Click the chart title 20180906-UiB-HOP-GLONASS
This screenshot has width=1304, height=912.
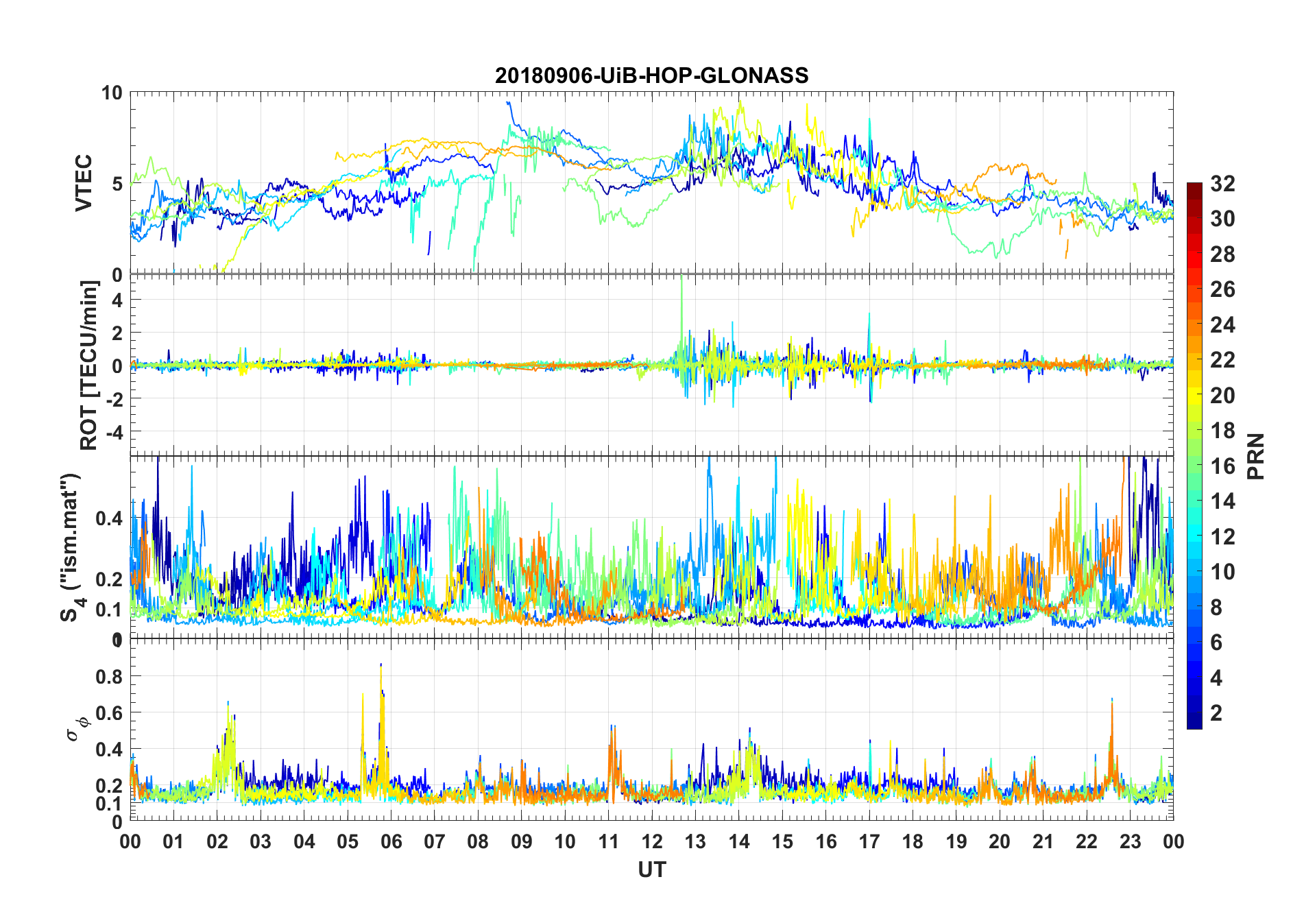(651, 75)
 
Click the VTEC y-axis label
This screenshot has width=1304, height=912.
(84, 183)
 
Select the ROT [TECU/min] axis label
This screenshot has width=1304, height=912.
(89, 365)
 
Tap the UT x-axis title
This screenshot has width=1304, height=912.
(651, 869)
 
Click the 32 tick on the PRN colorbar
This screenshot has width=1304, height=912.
(1222, 184)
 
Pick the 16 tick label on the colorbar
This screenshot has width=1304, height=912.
(1222, 466)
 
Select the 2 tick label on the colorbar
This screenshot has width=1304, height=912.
(1216, 713)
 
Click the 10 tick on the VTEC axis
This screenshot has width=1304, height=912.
(112, 93)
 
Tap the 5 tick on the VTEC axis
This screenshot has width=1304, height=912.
(117, 184)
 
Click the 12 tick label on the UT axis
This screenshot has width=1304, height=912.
(652, 841)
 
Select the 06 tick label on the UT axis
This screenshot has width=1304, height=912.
(391, 841)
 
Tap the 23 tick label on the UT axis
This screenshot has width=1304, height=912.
(1130, 841)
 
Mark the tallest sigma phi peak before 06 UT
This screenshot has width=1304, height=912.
(381, 664)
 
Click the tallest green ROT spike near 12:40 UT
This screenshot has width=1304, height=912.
(681, 277)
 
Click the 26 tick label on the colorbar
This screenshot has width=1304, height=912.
(1222, 289)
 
